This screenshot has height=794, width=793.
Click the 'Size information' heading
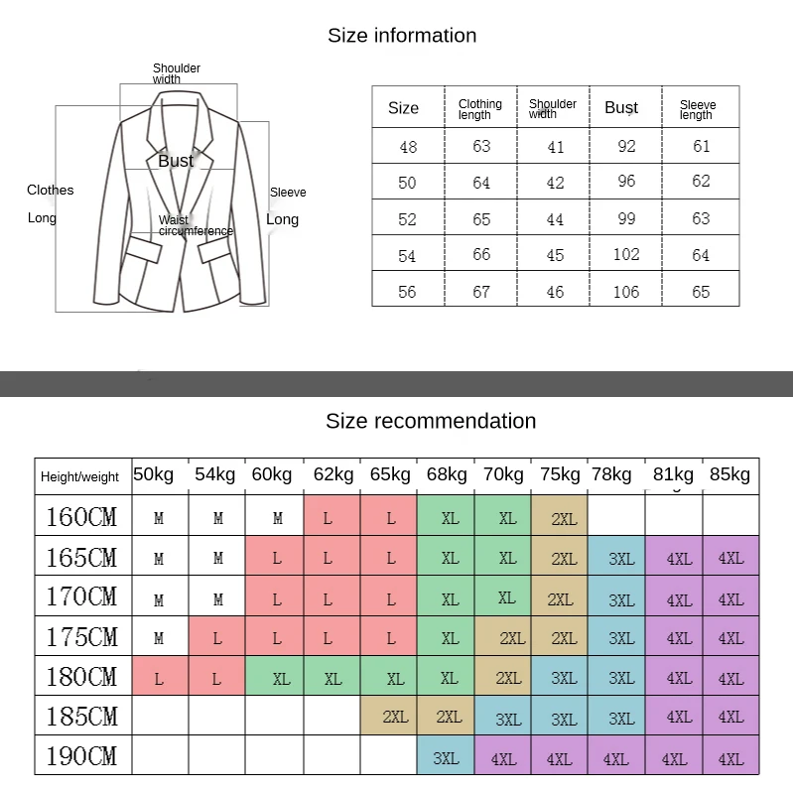[402, 36]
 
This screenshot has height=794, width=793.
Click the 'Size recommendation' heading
[431, 421]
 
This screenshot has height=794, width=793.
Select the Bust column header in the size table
[621, 107]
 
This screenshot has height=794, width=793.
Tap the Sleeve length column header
[697, 109]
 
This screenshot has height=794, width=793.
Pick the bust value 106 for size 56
[626, 292]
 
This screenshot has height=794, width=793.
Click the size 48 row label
[408, 147]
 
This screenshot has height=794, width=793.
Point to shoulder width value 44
[555, 219]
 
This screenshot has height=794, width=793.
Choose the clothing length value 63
[481, 146]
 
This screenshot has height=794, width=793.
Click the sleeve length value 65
[701, 292]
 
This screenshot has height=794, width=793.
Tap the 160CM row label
[81, 517]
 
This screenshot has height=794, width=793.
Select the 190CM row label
[81, 756]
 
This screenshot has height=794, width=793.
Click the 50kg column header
[154, 474]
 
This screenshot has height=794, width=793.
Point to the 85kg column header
[730, 474]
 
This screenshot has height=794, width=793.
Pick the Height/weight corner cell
[79, 477]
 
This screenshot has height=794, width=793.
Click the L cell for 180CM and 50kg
[159, 679]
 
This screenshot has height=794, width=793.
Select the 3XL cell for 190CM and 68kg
[446, 758]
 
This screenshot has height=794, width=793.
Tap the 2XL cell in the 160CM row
[564, 519]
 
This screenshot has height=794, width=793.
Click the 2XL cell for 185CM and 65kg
[395, 717]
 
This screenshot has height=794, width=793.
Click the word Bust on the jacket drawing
[176, 161]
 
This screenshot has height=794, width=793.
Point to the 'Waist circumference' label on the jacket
[196, 226]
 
